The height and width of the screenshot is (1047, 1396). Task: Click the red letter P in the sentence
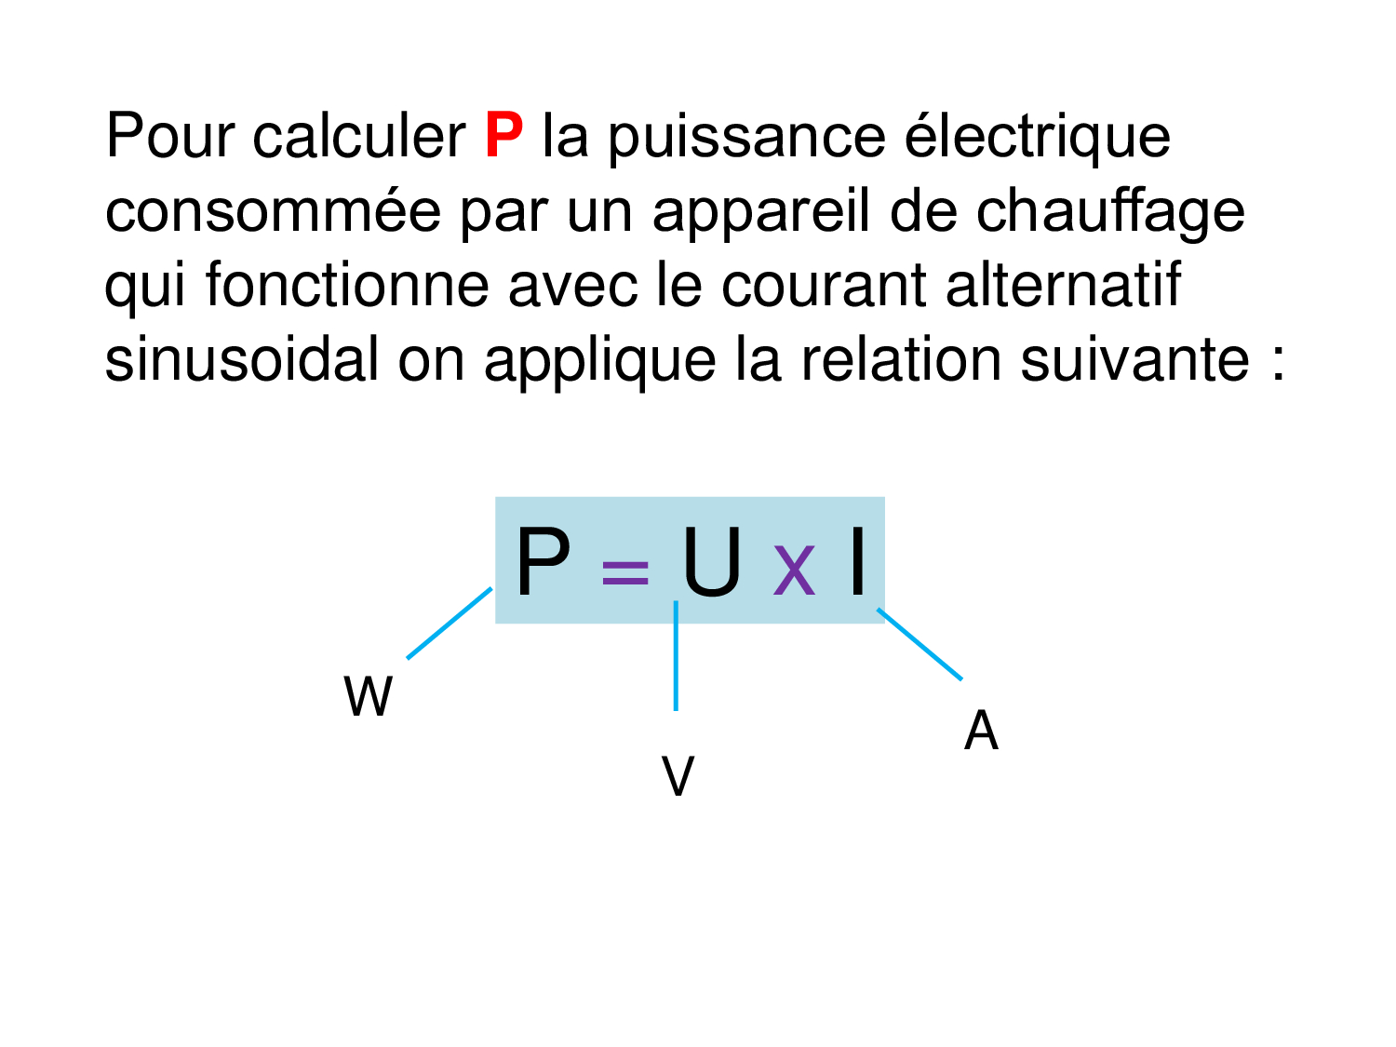pos(503,135)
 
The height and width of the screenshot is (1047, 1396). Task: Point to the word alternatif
pos(1063,284)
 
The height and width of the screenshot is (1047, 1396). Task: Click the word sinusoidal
pos(242,359)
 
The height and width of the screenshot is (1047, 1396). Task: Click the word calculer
pos(358,135)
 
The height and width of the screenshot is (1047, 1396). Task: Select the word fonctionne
pos(347,284)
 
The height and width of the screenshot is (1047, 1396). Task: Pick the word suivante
pos(1134,359)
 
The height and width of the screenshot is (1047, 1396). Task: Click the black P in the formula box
pos(543,562)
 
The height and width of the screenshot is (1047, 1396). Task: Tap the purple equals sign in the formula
pos(624,572)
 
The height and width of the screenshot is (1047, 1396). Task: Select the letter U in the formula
pos(712,563)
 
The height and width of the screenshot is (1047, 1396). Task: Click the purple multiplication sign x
pos(794,570)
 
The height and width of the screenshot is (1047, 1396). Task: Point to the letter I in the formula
pos(857,562)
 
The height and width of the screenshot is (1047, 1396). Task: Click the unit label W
pos(368,695)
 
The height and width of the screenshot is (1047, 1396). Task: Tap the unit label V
pos(678,775)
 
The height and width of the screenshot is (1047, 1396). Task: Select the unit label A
pos(981,730)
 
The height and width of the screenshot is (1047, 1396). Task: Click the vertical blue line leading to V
pos(676,655)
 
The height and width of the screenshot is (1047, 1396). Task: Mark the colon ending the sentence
pos(1279,365)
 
